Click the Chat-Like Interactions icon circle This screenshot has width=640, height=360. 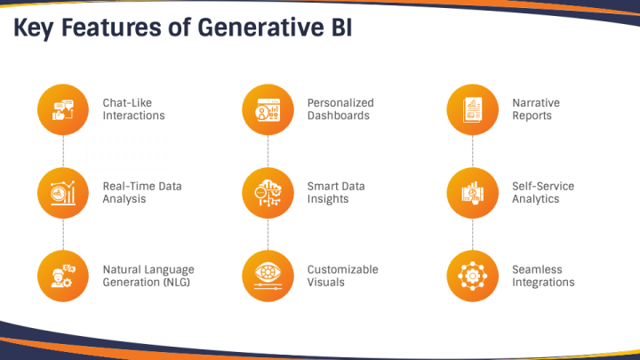(x=63, y=110)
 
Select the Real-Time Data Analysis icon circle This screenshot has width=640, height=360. (x=63, y=193)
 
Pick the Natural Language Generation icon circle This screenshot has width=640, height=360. (x=63, y=276)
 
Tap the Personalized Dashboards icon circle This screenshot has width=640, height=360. (x=268, y=110)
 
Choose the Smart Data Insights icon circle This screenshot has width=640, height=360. (x=268, y=193)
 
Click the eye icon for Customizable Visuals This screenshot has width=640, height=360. (x=268, y=276)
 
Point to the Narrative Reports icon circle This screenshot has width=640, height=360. (x=472, y=110)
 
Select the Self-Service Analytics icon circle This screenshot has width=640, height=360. (x=472, y=193)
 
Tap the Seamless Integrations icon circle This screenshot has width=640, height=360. (x=472, y=276)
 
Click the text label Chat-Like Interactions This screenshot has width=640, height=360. (x=133, y=109)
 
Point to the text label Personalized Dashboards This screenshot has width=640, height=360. (x=340, y=109)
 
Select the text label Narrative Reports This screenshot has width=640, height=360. (x=536, y=109)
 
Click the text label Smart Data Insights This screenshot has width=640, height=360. (x=336, y=192)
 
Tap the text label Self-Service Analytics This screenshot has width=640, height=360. (x=543, y=192)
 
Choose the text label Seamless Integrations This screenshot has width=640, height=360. (x=543, y=276)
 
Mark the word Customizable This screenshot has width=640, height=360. (x=342, y=269)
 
